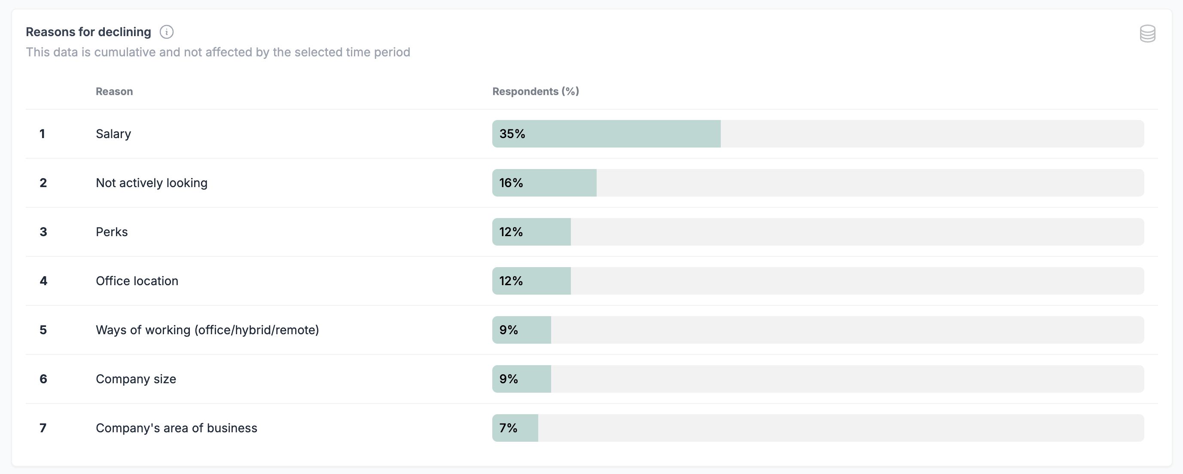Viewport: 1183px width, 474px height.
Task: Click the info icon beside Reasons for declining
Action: click(166, 32)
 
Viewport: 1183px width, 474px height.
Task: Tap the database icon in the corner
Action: click(1147, 34)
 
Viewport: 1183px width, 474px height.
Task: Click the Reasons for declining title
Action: click(88, 32)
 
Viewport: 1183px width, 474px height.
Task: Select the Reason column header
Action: click(114, 92)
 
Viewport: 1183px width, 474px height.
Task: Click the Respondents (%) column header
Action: click(536, 92)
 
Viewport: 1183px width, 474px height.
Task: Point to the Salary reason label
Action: click(113, 134)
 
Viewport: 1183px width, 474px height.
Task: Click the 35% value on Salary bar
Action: click(512, 134)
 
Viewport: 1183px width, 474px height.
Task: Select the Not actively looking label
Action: click(152, 183)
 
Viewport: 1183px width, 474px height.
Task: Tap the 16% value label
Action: click(511, 183)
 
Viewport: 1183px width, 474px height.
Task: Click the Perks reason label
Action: click(112, 232)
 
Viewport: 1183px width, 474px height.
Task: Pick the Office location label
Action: click(137, 281)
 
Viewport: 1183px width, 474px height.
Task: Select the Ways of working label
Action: click(207, 330)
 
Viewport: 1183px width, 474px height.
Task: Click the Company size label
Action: click(136, 379)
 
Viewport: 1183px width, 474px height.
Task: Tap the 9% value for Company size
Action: click(508, 379)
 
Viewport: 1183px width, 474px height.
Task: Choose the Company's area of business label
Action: click(177, 428)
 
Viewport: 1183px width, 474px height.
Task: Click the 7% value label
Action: click(508, 428)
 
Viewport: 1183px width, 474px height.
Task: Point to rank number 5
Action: click(43, 330)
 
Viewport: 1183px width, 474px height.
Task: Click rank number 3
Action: click(43, 232)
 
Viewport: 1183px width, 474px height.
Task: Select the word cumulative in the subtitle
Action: click(125, 52)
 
